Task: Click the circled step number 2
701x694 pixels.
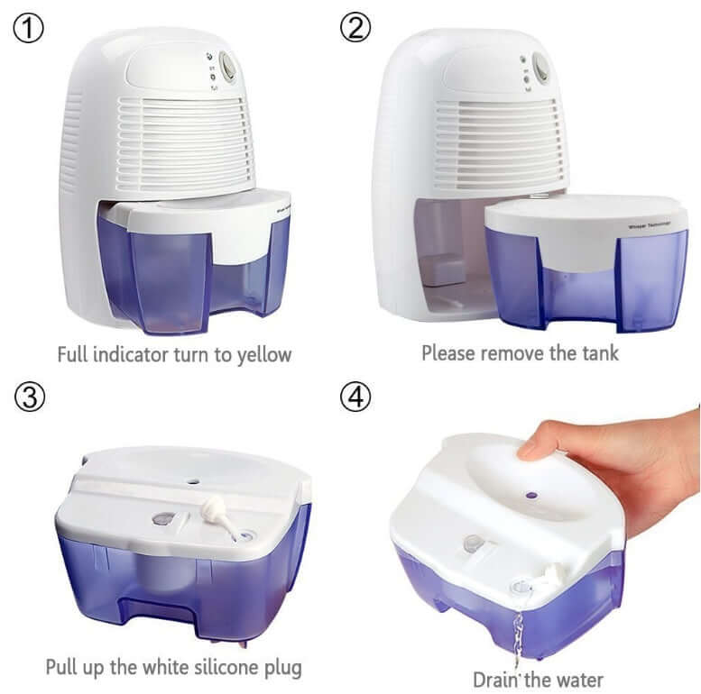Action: pyautogui.click(x=355, y=29)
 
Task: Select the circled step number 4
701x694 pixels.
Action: pyautogui.click(x=355, y=397)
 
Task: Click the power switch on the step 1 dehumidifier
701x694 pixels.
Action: pyautogui.click(x=227, y=67)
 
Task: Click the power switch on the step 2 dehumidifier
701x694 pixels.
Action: pyautogui.click(x=540, y=67)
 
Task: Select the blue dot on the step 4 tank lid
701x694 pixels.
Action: pyautogui.click(x=530, y=495)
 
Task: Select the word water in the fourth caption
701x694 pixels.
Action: pyautogui.click(x=575, y=679)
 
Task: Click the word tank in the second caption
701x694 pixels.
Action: pyautogui.click(x=599, y=352)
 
